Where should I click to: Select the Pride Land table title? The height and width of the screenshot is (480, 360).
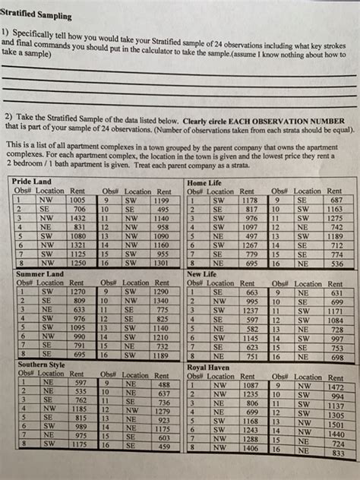tap(33, 182)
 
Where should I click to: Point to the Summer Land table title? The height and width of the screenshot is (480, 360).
tap(38, 273)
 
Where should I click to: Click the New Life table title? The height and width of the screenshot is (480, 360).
tap(203, 273)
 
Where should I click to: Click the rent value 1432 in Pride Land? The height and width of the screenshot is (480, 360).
tap(78, 217)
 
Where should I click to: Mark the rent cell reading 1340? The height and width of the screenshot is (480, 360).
tap(159, 300)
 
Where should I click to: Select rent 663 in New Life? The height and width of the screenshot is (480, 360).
tap(251, 292)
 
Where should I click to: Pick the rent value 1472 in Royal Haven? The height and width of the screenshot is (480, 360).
tap(336, 387)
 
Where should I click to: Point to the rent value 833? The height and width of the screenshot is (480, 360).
tap(339, 453)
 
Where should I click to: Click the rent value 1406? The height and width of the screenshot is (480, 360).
tap(250, 448)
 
